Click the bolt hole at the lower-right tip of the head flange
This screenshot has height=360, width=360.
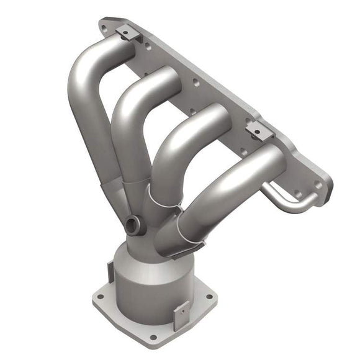point(318,184)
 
